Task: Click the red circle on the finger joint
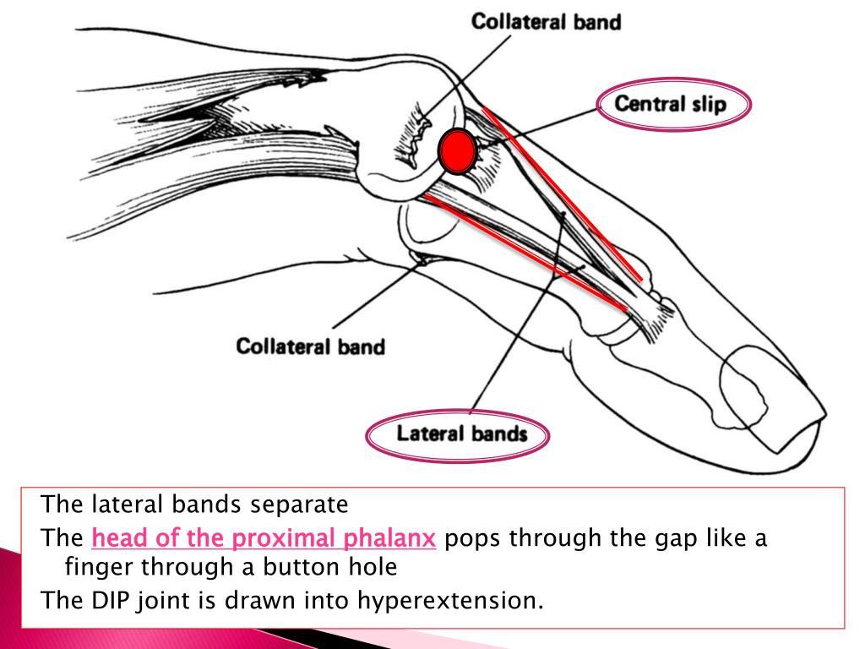457,151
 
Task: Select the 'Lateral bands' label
461,434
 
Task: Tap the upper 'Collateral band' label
545,22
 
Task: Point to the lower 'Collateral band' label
310,346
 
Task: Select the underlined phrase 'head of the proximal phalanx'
264,538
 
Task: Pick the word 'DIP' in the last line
103,601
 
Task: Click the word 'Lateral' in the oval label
431,434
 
